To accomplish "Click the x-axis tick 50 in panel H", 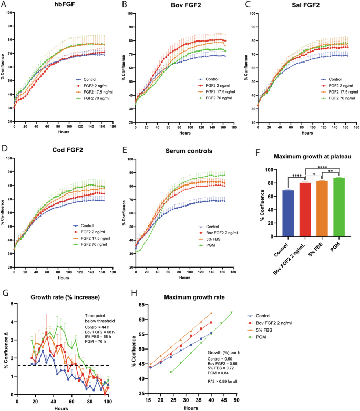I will [x=236, y=400].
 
